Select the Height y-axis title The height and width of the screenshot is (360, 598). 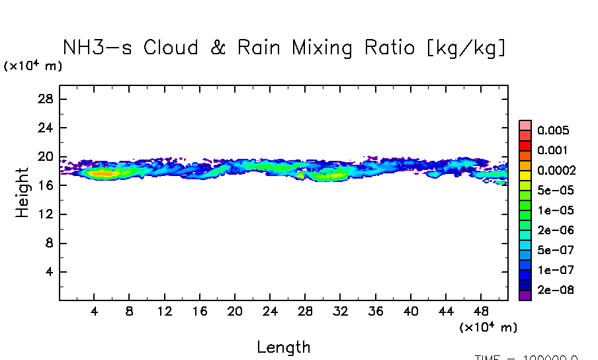point(22,193)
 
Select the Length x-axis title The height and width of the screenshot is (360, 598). point(283,347)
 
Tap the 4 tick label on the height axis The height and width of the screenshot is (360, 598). point(50,272)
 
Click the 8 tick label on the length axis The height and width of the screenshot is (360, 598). point(130,312)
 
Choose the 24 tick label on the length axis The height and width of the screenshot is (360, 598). point(269,312)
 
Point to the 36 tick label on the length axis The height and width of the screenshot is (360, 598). point(375,312)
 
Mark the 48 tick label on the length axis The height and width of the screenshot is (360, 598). point(481,312)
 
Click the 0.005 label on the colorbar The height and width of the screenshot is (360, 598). point(553,130)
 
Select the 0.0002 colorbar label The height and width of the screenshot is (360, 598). point(556,170)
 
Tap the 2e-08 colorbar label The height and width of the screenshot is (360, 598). point(556,290)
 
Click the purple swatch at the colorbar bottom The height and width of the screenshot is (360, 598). point(525,295)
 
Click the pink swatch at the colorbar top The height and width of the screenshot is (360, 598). point(525,125)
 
